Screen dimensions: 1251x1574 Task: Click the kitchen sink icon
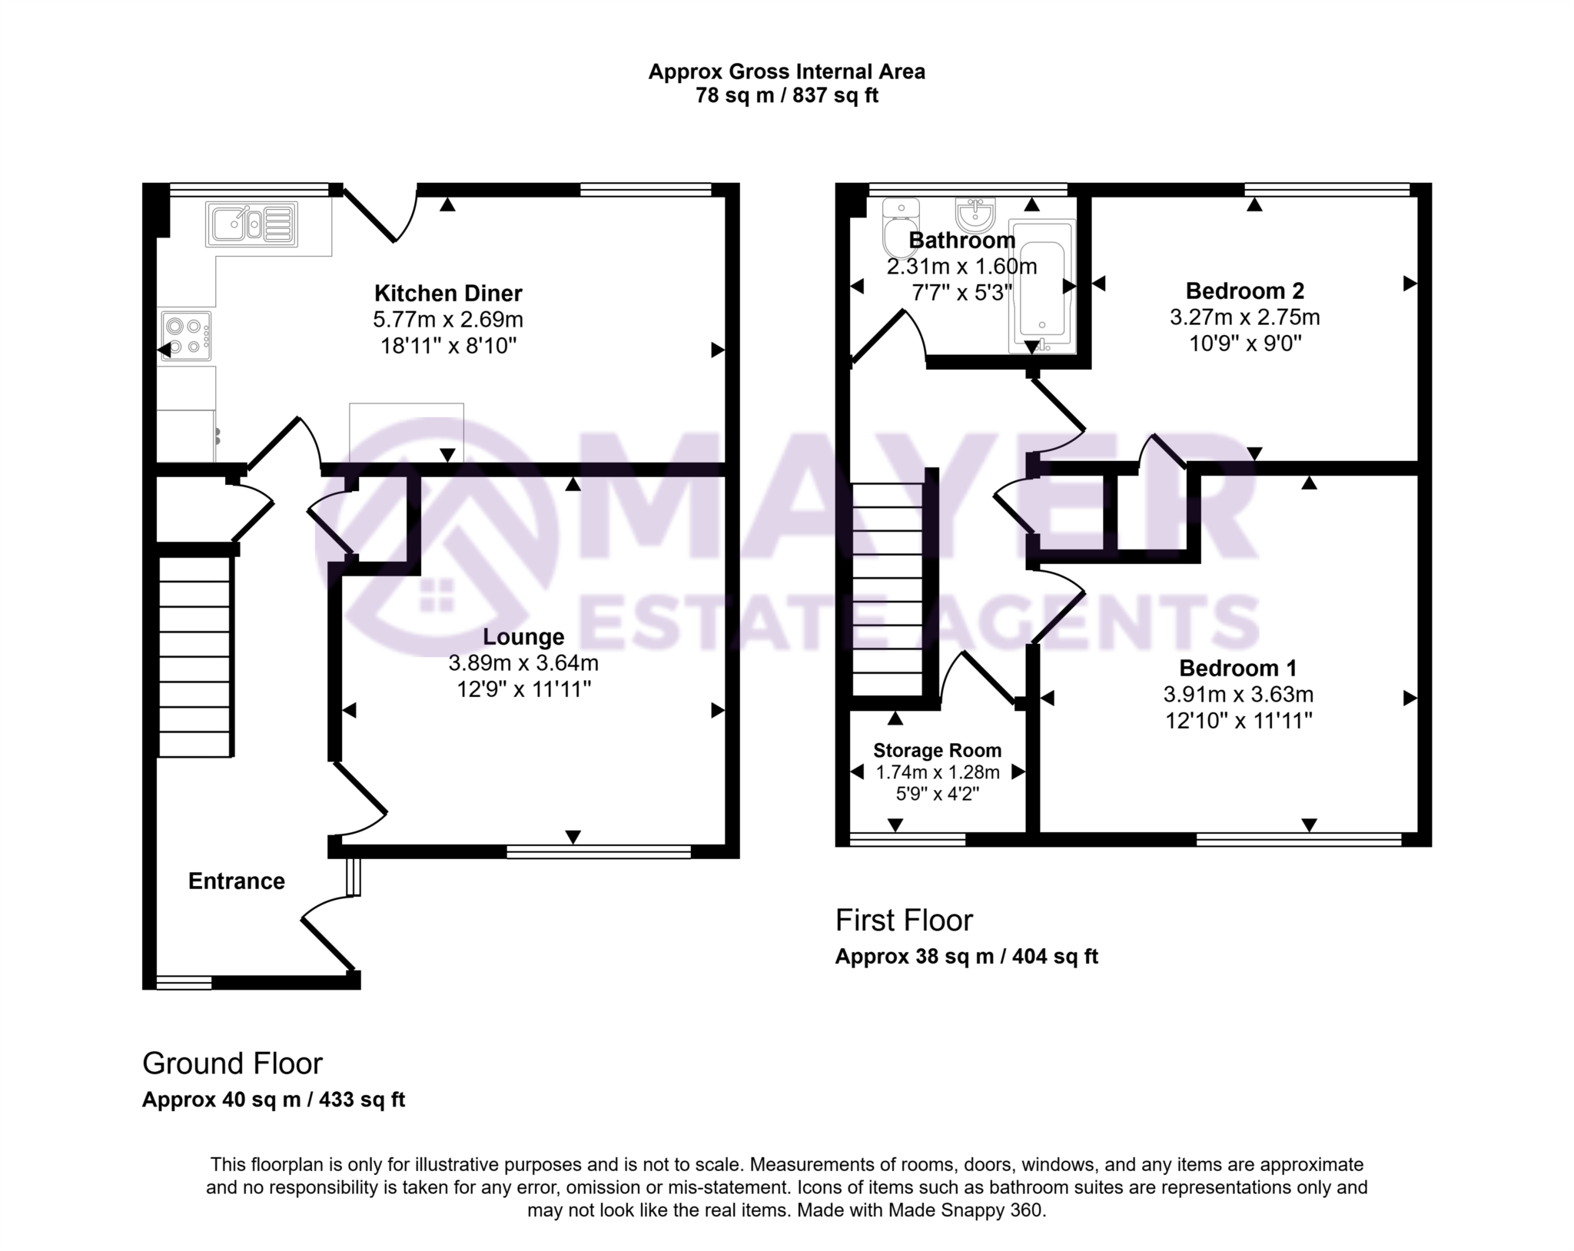coord(251,224)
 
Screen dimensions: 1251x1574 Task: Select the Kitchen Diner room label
coord(448,293)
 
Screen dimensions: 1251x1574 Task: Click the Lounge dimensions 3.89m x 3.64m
coord(523,662)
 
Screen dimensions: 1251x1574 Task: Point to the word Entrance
coord(236,881)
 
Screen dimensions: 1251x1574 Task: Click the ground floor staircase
coord(194,656)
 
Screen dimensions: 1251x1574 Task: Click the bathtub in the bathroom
coord(1041,287)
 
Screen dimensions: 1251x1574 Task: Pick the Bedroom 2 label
coord(1244,290)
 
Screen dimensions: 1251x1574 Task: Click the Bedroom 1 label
coord(1237,668)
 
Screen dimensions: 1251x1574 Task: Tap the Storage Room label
coord(937,750)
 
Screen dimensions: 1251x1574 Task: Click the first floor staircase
coord(888,589)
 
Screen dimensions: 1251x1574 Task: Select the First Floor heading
coord(904,920)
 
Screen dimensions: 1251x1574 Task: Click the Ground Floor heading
coord(232,1063)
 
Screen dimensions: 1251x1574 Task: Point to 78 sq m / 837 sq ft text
coord(786,95)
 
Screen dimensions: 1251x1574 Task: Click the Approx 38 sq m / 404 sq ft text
coord(966,956)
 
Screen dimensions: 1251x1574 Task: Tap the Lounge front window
coord(599,851)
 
